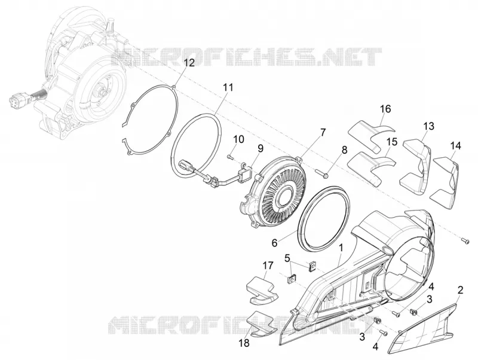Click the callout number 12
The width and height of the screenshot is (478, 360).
click(189, 63)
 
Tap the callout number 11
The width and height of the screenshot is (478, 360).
click(228, 87)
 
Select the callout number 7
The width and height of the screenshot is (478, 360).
click(323, 132)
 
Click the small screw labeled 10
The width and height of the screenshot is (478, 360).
click(230, 157)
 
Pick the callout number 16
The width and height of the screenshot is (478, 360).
click(385, 109)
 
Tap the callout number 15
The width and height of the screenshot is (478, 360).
click(392, 142)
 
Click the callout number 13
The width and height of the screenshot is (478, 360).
click(428, 126)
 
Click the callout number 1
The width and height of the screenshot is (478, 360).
click(341, 248)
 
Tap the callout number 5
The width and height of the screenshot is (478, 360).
click(287, 258)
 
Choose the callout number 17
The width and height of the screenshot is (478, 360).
click(268, 265)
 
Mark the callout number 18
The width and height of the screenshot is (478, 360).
click(244, 343)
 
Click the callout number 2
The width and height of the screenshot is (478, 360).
click(460, 290)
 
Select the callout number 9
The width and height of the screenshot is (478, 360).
click(260, 148)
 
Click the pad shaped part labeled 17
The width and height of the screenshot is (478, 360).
click(262, 290)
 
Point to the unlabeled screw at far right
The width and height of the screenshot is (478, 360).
click(465, 241)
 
